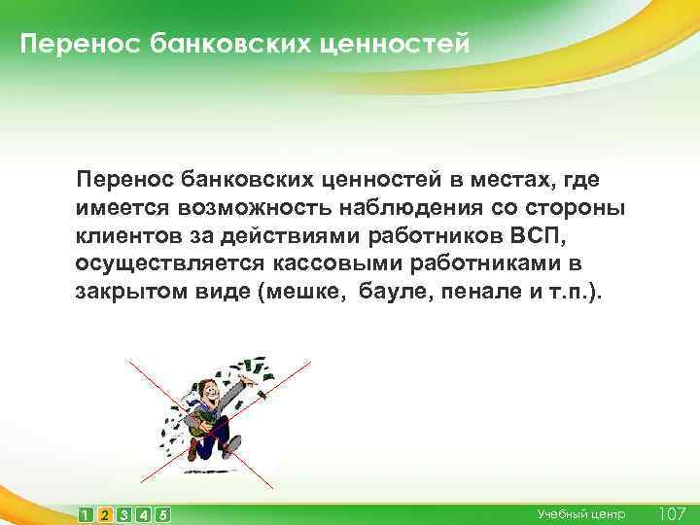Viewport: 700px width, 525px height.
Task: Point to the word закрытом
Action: pos(127,293)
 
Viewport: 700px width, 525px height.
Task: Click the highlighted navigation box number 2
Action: pos(105,513)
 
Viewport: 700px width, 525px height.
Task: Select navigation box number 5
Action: pos(163,513)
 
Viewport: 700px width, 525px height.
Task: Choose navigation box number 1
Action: pos(86,513)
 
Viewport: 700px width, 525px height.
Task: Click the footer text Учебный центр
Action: pos(580,513)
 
